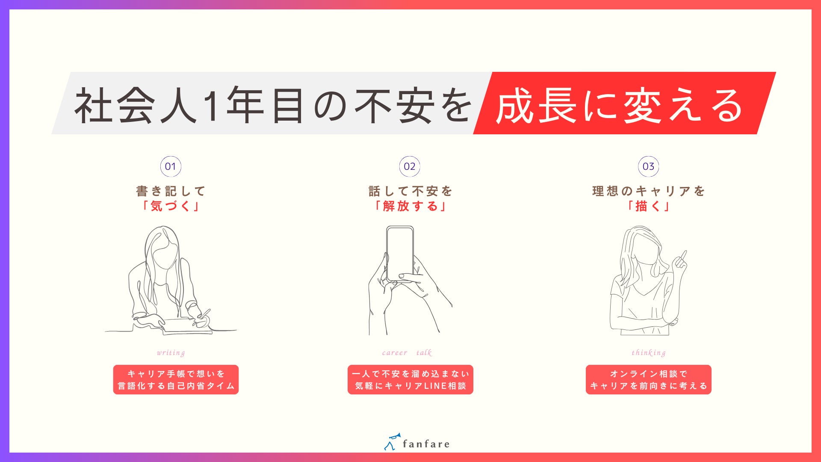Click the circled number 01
[171, 166]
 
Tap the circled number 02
[410, 166]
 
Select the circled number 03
[648, 166]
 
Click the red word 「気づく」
[171, 206]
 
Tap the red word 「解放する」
[410, 206]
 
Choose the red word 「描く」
[648, 206]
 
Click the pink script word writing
[171, 353]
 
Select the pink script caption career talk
[407, 353]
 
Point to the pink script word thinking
[648, 353]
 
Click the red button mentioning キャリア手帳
[176, 379]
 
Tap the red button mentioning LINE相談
[410, 379]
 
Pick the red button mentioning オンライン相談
[648, 379]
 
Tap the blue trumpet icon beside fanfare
[392, 441]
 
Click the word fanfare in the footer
[426, 444]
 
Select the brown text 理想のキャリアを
[648, 191]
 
